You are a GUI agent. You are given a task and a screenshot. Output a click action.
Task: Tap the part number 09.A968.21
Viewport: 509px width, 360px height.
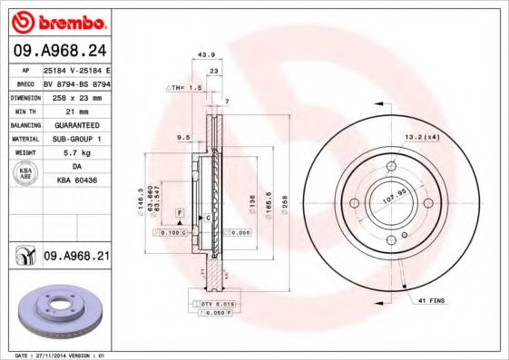pos(76,257)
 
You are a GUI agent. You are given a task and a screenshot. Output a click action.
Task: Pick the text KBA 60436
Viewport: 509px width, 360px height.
pos(75,181)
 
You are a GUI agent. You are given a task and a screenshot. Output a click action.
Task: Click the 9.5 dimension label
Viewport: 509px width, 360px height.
pos(182,139)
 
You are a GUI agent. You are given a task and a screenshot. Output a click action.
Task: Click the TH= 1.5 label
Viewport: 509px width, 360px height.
pos(186,87)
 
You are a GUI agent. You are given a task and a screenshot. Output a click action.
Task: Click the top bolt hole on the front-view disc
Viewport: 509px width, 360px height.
pos(391,165)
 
